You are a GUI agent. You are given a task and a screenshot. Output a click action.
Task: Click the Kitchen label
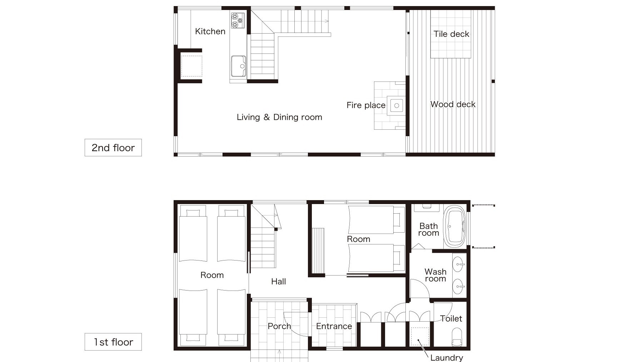[210, 31]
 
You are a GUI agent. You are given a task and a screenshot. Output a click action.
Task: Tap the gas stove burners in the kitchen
[238, 20]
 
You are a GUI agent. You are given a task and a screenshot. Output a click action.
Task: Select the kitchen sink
[238, 66]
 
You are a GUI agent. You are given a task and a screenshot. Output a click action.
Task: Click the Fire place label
[366, 105]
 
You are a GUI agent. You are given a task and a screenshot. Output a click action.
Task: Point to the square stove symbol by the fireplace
[397, 105]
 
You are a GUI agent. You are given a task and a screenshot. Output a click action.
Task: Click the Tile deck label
[451, 34]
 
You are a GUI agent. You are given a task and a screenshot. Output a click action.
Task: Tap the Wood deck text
[453, 104]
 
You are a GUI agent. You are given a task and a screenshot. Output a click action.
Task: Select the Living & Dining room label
[279, 117]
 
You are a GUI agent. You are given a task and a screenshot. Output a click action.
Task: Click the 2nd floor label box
[113, 148]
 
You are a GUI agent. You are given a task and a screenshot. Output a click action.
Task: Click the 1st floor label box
[113, 342]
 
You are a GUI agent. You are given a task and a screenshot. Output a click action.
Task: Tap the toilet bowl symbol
[457, 337]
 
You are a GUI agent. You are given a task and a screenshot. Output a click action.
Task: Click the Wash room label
[435, 275]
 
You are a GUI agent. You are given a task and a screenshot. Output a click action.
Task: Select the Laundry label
[447, 357]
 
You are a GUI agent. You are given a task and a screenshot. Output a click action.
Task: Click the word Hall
[278, 282]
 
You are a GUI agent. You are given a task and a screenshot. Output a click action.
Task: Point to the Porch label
[279, 326]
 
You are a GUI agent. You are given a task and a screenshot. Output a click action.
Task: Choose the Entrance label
[334, 326]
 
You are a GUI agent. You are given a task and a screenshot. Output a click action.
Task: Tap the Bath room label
[429, 229]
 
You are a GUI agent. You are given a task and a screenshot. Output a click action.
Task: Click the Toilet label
[451, 318]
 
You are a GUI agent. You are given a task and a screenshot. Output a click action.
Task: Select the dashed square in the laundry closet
[420, 336]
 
